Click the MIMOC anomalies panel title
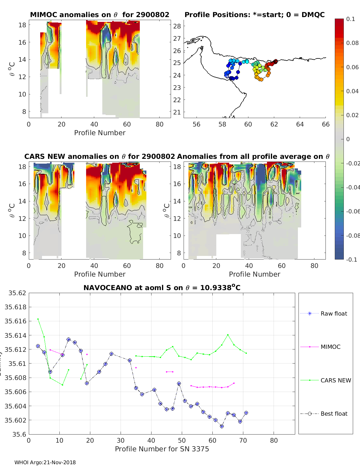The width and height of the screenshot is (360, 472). tap(100, 15)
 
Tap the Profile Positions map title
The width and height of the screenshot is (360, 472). tap(254, 15)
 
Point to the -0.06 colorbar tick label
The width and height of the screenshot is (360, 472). tap(352, 211)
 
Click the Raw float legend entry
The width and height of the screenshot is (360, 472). tap(334, 313)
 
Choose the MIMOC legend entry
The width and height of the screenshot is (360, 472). tap(330, 347)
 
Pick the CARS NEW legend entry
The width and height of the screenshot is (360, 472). tap(335, 380)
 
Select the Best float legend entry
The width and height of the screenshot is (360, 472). tap(334, 414)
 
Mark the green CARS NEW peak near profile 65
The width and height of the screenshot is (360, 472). tap(228, 335)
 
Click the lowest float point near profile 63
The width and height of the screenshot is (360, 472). tap(222, 426)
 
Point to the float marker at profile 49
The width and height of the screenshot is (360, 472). tap(179, 384)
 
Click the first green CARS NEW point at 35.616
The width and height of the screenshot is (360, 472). tap(38, 319)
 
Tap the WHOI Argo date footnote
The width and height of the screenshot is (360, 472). tap(45, 462)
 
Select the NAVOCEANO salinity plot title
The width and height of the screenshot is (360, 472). tap(162, 288)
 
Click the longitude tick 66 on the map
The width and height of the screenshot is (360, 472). tap(325, 124)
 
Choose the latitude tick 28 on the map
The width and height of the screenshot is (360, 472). tap(177, 26)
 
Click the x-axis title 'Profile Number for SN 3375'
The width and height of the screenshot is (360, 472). tap(162, 449)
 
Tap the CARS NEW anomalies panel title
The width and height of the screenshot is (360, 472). tap(100, 156)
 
